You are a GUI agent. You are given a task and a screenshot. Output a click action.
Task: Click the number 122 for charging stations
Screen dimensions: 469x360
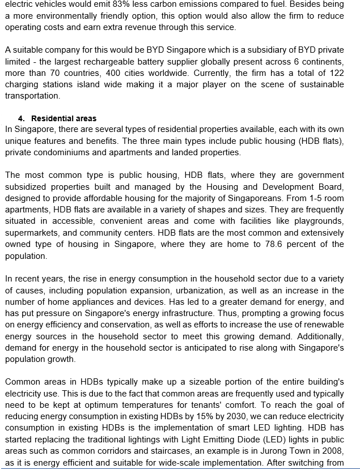(x=336, y=73)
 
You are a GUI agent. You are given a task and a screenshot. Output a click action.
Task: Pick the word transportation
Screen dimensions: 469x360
(x=32, y=96)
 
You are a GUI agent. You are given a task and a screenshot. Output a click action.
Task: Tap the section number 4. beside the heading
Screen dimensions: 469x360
(x=22, y=118)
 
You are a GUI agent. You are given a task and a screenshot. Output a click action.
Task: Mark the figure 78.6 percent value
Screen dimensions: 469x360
(x=282, y=244)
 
